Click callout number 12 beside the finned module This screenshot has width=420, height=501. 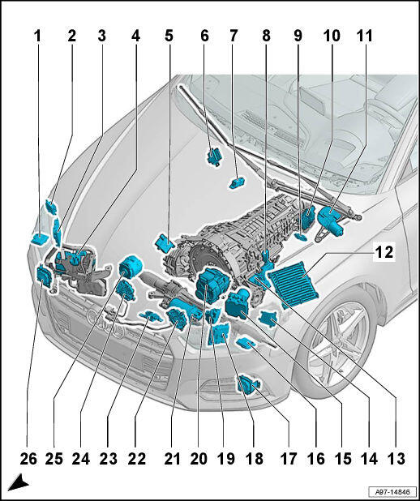(x=384, y=252)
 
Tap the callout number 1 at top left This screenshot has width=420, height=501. (x=38, y=36)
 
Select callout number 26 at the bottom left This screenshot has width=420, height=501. (x=28, y=459)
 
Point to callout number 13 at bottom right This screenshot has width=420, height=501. (x=396, y=459)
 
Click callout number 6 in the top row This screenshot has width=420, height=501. (x=204, y=36)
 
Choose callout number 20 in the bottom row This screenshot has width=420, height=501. (x=199, y=459)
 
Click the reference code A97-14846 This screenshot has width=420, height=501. (x=392, y=491)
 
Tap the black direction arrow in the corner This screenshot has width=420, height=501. (x=19, y=483)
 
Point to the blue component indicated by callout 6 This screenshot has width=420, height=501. (x=215, y=156)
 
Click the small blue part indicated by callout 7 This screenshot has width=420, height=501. (x=238, y=183)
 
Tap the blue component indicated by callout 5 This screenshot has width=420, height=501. (x=165, y=243)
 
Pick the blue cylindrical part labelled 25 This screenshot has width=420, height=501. (x=131, y=268)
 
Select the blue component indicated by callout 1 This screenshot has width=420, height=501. (x=39, y=239)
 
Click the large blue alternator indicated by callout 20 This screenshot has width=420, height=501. (x=212, y=285)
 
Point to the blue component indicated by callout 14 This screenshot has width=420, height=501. (x=268, y=318)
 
